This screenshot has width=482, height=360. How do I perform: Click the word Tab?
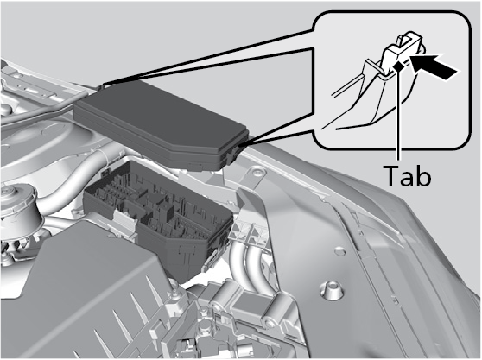pyautogui.click(x=408, y=175)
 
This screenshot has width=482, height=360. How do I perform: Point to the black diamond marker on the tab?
pyautogui.click(x=398, y=66)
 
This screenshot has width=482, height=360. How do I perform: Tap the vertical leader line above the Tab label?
pyautogui.click(x=398, y=115)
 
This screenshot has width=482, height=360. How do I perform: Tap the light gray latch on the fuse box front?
pyautogui.click(x=125, y=219)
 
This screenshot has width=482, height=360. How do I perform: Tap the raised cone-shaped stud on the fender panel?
pyautogui.click(x=330, y=289)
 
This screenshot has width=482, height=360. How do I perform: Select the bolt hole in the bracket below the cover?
pyautogui.click(x=257, y=173)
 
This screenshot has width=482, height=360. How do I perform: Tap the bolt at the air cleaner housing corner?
pyautogui.click(x=174, y=294)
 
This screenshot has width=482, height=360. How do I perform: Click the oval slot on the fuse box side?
pyautogui.click(x=212, y=257)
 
